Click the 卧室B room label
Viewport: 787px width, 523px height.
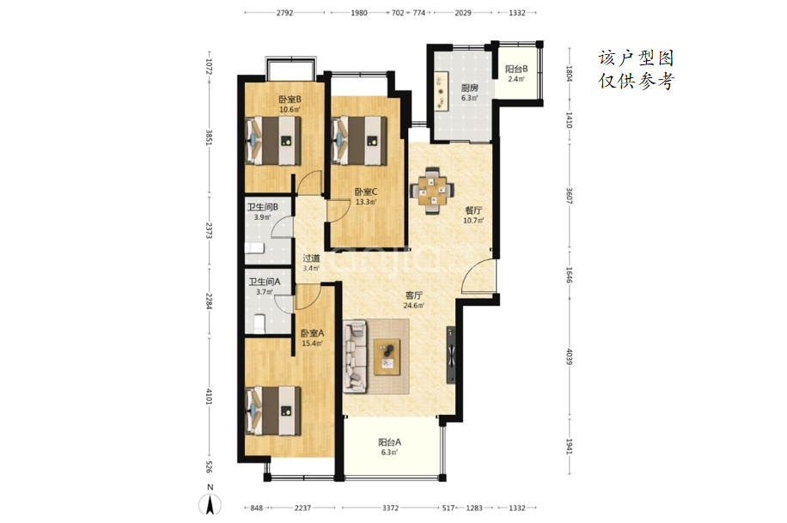[290, 100]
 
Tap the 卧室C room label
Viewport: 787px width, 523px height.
[366, 192]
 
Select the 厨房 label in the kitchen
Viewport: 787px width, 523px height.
[470, 88]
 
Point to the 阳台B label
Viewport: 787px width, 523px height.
[516, 70]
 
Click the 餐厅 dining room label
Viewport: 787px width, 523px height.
[473, 210]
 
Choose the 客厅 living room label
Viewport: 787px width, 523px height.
[414, 295]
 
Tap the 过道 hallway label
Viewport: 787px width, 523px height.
[311, 258]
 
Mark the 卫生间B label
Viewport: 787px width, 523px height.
[263, 207]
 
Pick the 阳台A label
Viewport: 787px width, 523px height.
[389, 442]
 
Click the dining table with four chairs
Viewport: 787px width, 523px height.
[432, 191]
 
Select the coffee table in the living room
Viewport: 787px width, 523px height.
[387, 356]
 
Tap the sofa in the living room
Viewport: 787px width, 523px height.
[356, 357]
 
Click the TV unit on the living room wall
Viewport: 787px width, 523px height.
[451, 355]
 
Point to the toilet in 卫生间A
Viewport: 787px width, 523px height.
[259, 322]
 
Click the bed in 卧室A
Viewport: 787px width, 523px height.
[273, 410]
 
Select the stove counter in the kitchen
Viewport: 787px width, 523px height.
[441, 91]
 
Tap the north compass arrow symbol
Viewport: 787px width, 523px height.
[210, 503]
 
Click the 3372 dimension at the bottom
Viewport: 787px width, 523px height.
[390, 508]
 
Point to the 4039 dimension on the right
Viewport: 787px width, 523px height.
[569, 357]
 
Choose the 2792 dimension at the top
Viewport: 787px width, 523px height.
[284, 13]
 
